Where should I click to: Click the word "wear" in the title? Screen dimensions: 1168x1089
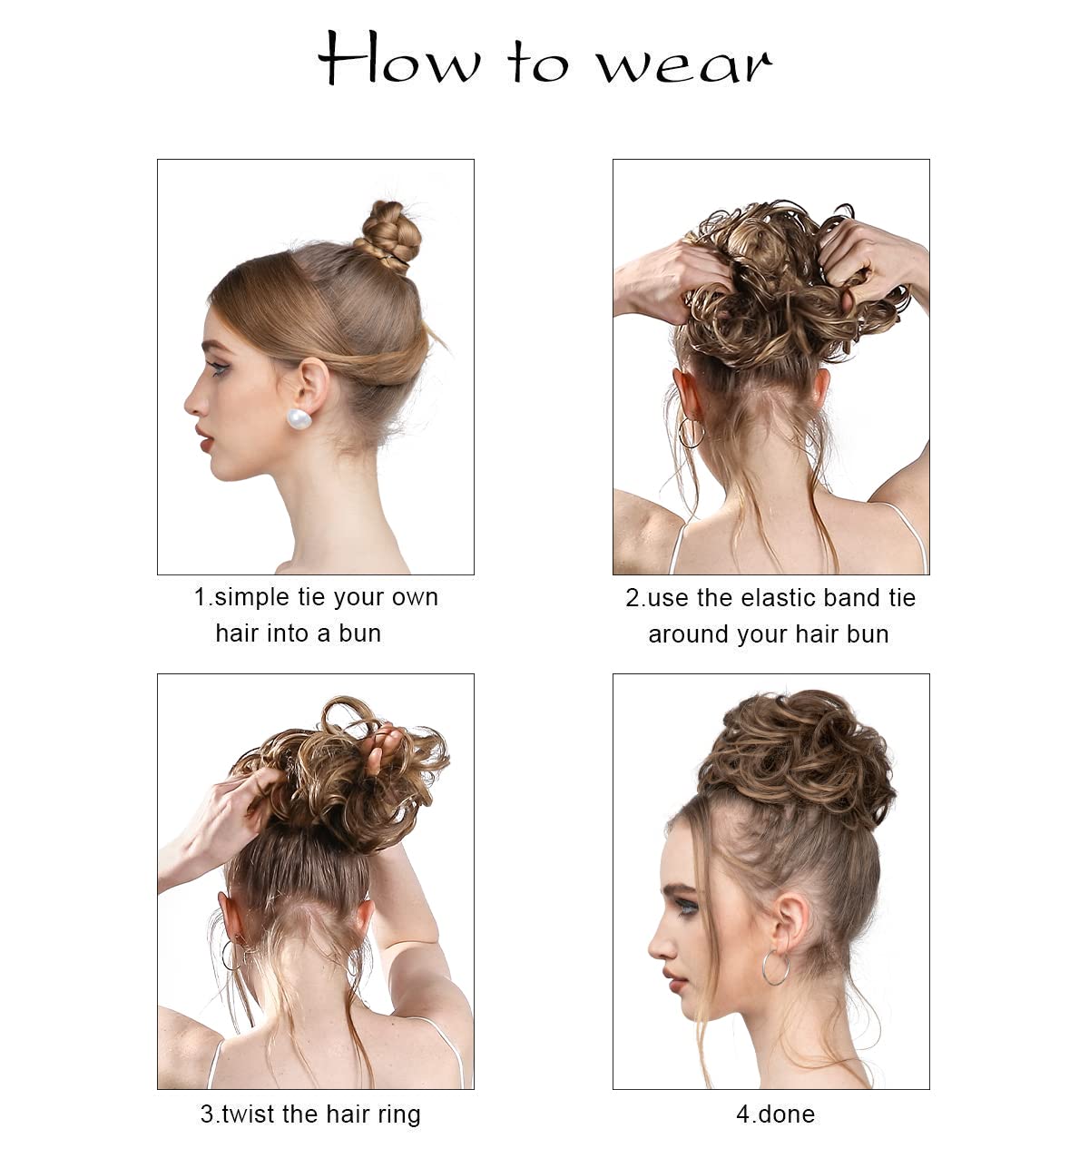tap(682, 64)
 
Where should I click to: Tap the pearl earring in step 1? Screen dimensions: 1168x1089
tap(299, 419)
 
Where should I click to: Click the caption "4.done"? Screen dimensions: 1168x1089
tap(775, 1114)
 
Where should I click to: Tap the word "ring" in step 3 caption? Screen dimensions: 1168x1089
tap(397, 1114)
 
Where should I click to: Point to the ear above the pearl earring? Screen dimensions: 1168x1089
tap(311, 381)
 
